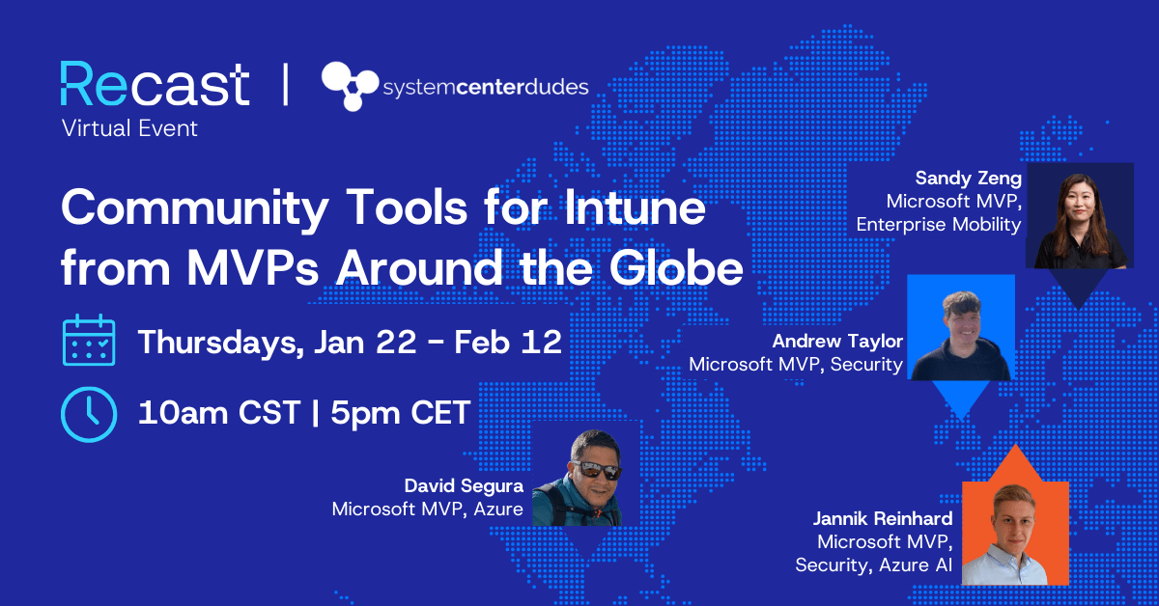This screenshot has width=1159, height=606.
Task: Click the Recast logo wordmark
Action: [155, 85]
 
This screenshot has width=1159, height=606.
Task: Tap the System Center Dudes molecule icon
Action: [350, 86]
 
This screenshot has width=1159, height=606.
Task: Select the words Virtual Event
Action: [129, 128]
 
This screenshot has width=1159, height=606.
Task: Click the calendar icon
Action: [89, 341]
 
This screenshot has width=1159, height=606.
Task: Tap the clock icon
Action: [89, 412]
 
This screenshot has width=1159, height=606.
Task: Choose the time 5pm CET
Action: [401, 413]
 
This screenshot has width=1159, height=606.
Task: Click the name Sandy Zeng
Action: [969, 178]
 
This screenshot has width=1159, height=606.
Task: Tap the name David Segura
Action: [464, 484]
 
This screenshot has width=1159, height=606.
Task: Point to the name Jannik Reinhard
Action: [883, 519]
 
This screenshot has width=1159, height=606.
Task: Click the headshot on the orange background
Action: [1015, 533]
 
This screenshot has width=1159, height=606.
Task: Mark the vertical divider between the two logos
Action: [285, 85]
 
